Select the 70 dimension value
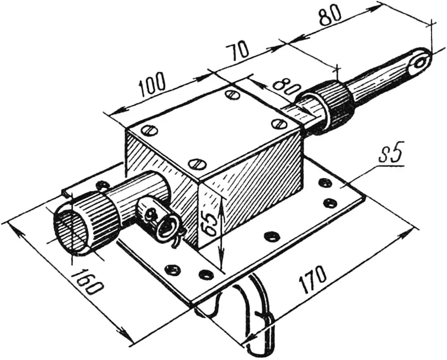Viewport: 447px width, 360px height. pyautogui.click(x=238, y=51)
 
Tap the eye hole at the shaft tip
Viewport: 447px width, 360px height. pyautogui.click(x=420, y=63)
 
